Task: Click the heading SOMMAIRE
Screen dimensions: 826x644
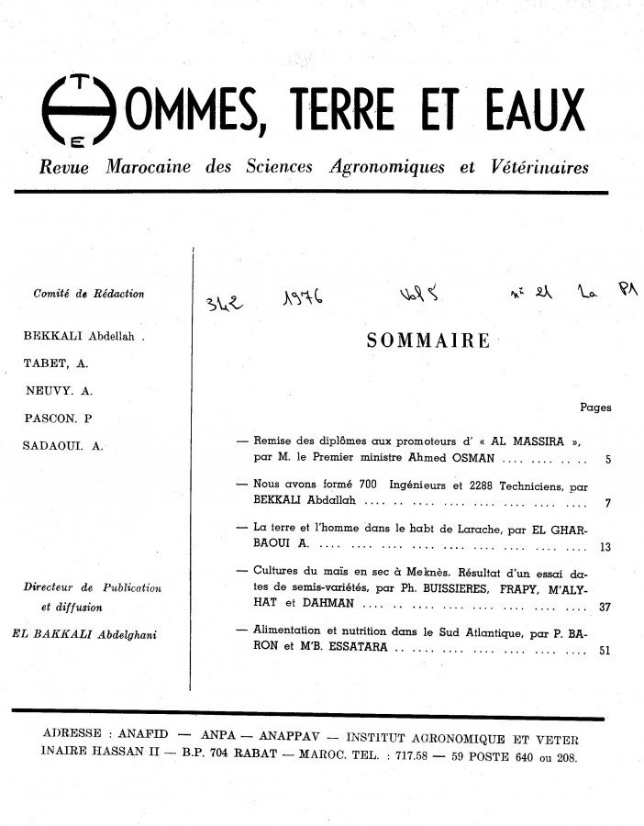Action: (427, 340)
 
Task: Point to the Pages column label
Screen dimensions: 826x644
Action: (595, 407)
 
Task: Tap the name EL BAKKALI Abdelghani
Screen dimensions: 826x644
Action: (83, 632)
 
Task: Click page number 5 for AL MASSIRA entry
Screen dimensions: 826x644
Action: (609, 457)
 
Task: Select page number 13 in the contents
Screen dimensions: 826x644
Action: (605, 549)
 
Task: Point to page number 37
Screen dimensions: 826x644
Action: (605, 607)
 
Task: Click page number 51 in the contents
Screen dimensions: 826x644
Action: (605, 653)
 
